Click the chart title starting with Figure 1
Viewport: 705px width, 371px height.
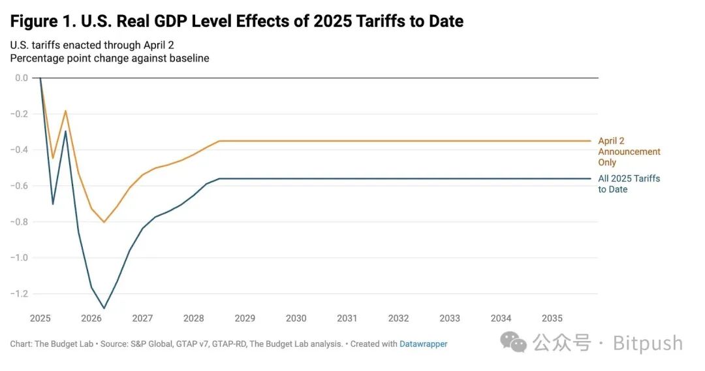click(x=236, y=21)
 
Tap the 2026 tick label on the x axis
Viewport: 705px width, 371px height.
click(x=91, y=318)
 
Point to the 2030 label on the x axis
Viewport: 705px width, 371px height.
click(x=296, y=318)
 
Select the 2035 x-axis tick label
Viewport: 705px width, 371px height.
click(x=552, y=318)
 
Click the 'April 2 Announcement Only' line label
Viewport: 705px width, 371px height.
click(x=629, y=152)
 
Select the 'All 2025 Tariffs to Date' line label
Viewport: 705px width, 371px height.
click(x=629, y=184)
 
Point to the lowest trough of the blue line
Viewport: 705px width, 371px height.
click(x=104, y=308)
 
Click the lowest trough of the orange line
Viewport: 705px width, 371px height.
click(x=103, y=222)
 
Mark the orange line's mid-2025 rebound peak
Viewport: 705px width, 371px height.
click(x=65, y=111)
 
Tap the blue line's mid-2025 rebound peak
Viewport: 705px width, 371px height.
click(x=65, y=131)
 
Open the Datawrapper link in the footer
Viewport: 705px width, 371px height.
click(x=423, y=344)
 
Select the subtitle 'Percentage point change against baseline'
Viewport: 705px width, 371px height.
click(x=110, y=58)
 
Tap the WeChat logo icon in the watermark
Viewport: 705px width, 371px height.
click(x=514, y=342)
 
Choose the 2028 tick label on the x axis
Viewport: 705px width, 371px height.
click(x=193, y=318)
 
